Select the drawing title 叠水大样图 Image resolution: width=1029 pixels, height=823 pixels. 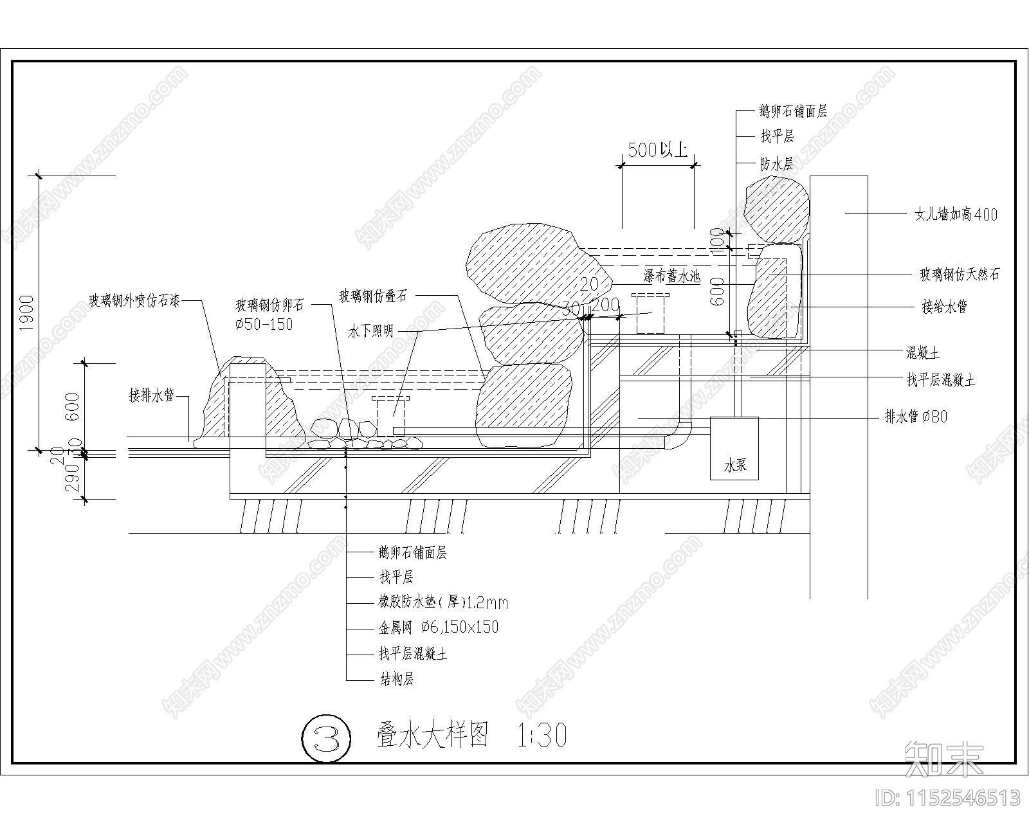tap(432, 735)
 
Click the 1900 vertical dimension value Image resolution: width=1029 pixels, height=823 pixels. tap(26, 313)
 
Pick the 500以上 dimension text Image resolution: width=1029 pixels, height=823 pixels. tap(657, 150)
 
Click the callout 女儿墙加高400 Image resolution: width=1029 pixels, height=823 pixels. tap(956, 214)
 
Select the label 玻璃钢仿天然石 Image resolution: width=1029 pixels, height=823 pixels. tap(960, 275)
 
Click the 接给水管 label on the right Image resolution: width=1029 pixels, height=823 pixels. tap(944, 307)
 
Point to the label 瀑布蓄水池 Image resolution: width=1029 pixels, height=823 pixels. tap(671, 277)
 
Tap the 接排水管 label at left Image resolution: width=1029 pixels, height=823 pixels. tap(151, 395)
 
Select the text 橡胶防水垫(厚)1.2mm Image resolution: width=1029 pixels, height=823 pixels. tap(443, 602)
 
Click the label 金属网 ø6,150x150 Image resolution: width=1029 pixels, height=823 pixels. tap(439, 628)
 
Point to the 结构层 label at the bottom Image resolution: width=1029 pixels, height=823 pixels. tap(396, 679)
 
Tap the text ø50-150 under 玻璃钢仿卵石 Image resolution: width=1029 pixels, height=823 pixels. tap(264, 324)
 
